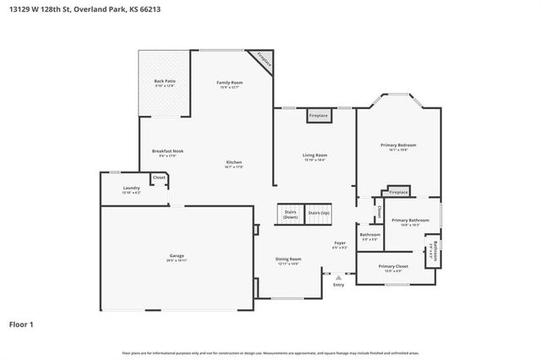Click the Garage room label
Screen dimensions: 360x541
tap(177, 257)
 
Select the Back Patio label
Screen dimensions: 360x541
tap(164, 83)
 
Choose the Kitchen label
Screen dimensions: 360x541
tap(234, 164)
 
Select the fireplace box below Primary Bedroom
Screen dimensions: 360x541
tap(398, 193)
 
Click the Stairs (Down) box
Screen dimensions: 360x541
tap(290, 215)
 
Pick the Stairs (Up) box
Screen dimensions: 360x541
tap(319, 213)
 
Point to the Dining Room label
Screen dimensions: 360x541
tap(288, 261)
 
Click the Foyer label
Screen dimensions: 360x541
tap(340, 246)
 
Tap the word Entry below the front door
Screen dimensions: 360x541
tap(339, 285)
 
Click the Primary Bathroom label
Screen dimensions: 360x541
tap(410, 221)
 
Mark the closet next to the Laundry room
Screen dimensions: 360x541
tap(159, 178)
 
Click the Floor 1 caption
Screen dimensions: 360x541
tap(22, 323)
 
